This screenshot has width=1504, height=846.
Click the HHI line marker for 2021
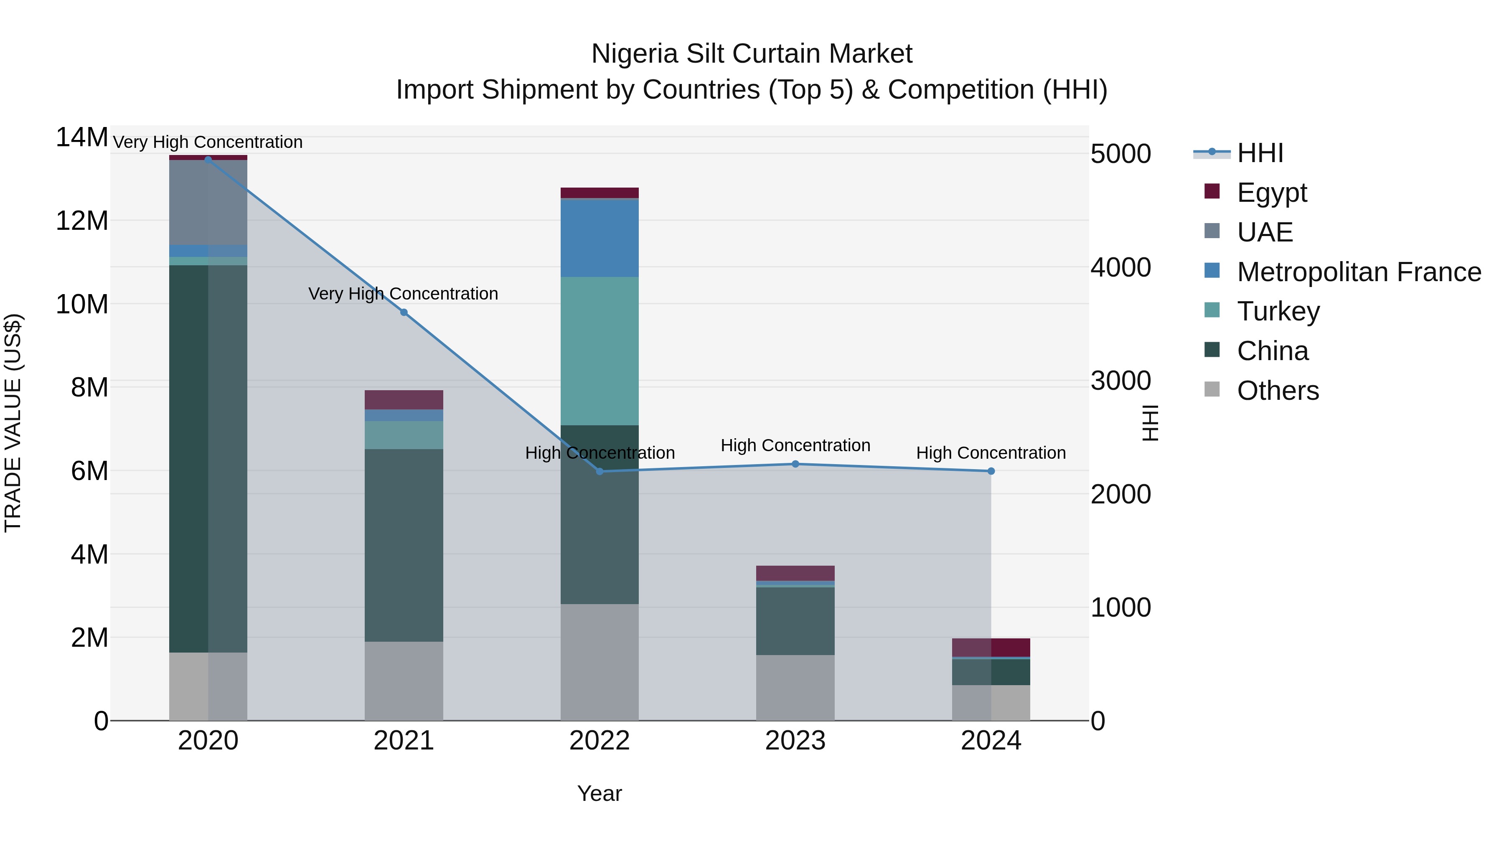point(404,312)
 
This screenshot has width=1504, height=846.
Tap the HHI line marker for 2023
point(795,464)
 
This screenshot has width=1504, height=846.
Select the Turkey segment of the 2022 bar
point(600,351)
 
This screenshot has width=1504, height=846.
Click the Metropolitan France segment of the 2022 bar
point(600,238)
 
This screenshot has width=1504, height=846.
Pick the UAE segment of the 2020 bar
point(208,202)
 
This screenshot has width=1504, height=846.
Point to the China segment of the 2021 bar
point(404,545)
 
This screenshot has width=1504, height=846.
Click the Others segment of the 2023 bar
point(795,687)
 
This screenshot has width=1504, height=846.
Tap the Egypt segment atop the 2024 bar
point(991,648)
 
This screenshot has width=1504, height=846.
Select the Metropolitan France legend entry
point(1358,272)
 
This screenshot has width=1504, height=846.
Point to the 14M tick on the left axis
point(82,138)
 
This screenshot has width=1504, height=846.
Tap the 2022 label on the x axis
point(600,741)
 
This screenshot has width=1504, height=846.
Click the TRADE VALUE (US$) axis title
point(13,423)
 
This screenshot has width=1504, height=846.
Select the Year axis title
point(600,793)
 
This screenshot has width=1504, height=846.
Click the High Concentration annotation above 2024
point(991,452)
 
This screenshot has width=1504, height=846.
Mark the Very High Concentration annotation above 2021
point(404,293)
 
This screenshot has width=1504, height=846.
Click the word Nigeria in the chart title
point(635,54)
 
